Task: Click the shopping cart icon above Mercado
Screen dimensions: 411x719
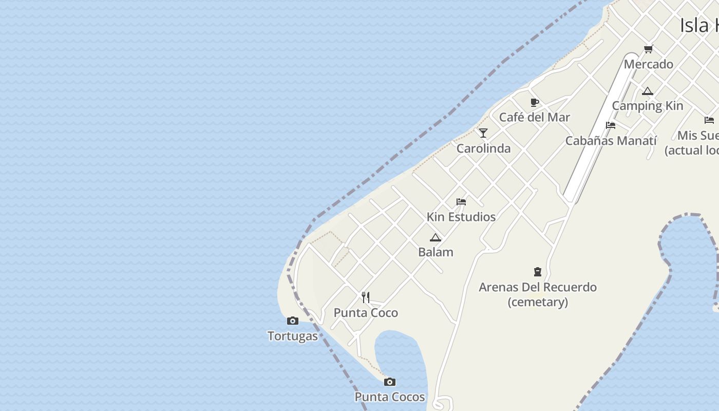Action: pyautogui.click(x=648, y=49)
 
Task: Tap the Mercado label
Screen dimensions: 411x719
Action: pyautogui.click(x=648, y=64)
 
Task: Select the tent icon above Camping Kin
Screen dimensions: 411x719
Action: pyautogui.click(x=647, y=91)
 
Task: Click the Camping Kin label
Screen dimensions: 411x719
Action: pyautogui.click(x=647, y=106)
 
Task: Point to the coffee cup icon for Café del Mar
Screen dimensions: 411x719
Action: pyautogui.click(x=534, y=102)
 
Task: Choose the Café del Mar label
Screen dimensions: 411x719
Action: pyautogui.click(x=534, y=117)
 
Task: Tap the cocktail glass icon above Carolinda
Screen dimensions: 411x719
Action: pyautogui.click(x=483, y=133)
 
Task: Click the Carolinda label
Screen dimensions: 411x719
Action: pyautogui.click(x=483, y=148)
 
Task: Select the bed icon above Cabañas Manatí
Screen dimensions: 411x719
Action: pyautogui.click(x=611, y=125)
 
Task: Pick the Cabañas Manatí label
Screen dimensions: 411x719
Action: pyautogui.click(x=611, y=141)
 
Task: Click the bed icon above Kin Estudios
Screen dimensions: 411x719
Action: pyautogui.click(x=461, y=202)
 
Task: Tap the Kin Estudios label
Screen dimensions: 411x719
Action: pyautogui.click(x=461, y=217)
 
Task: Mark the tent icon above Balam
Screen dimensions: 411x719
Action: pyautogui.click(x=436, y=237)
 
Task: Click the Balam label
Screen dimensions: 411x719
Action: pyautogui.click(x=436, y=252)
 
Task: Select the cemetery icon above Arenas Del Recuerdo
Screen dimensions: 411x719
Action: pyautogui.click(x=538, y=272)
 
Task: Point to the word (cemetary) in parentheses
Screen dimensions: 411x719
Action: pyautogui.click(x=538, y=302)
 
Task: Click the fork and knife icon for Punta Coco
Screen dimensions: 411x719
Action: pyautogui.click(x=366, y=297)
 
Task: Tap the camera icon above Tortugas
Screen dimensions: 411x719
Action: pyautogui.click(x=293, y=321)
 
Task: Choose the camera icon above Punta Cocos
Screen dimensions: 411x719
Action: pyautogui.click(x=390, y=382)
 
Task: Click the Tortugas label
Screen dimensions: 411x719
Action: pyautogui.click(x=293, y=336)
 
